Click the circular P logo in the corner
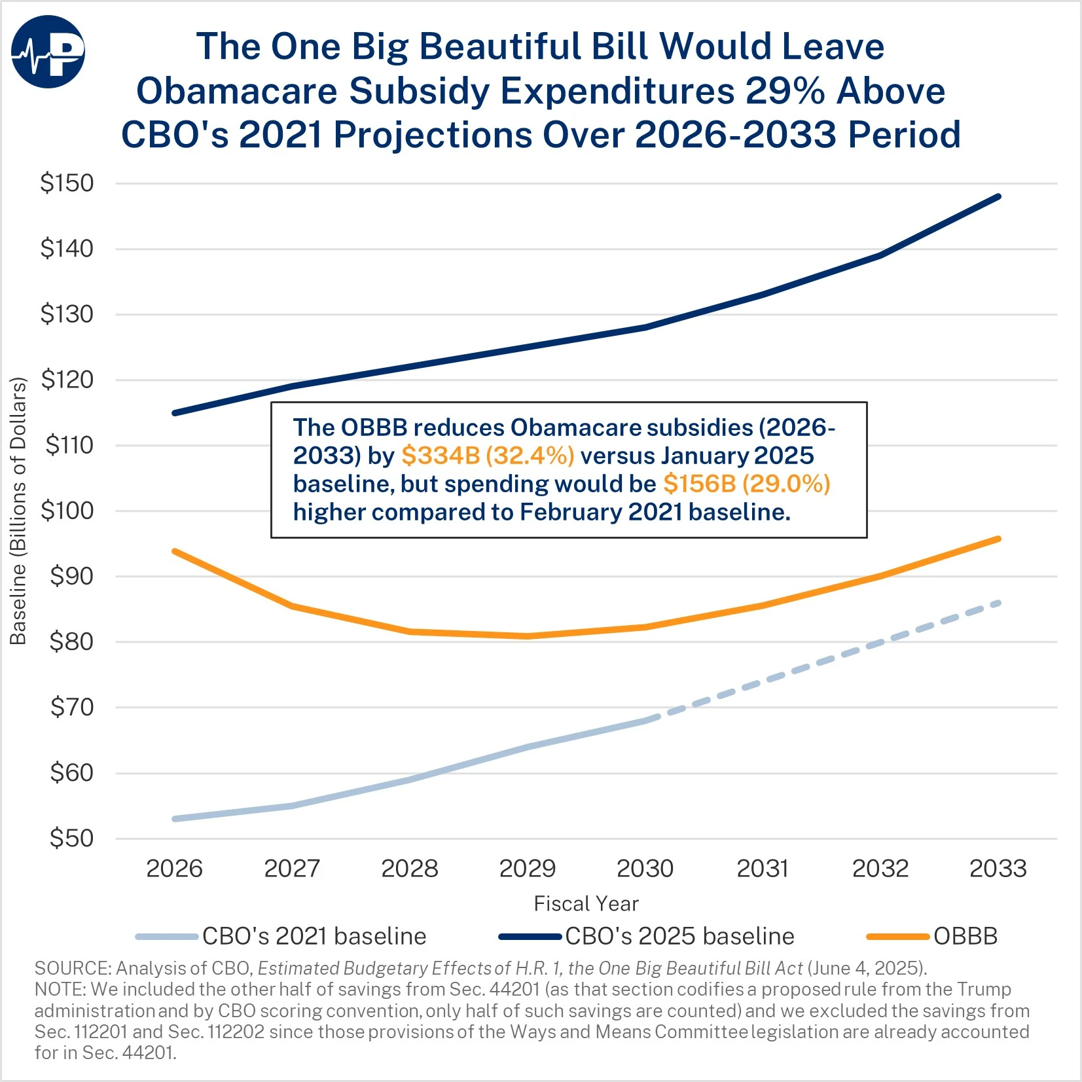tap(48, 52)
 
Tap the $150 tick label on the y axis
tap(67, 183)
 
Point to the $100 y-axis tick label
tap(67, 511)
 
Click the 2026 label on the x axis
tap(174, 869)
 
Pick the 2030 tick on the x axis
tap(645, 869)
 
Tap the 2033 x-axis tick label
tap(998, 869)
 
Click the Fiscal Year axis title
tap(586, 904)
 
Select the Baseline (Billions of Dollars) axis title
tap(18, 511)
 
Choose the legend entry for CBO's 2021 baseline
tap(281, 936)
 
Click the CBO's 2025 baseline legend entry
tap(647, 936)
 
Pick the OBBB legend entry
tap(932, 936)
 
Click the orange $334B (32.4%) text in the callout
tap(488, 456)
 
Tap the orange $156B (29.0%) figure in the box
tap(746, 484)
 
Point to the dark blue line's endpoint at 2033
tap(998, 196)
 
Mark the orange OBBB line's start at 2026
tap(175, 551)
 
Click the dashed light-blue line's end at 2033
tap(998, 603)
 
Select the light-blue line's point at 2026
tap(175, 819)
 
